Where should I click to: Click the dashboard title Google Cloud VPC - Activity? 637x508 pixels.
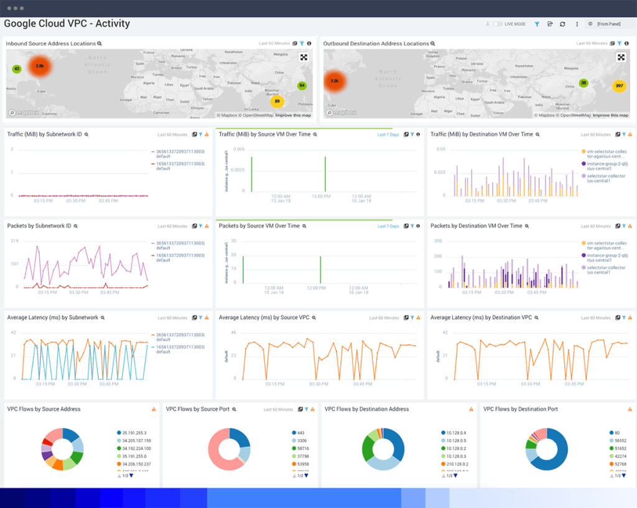[67, 24]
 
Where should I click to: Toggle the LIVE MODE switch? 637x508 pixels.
[498, 24]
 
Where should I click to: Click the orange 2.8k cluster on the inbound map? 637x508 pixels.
[40, 65]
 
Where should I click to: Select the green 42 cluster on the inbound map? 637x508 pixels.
[17, 69]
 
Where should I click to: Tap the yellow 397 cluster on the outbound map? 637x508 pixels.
[619, 86]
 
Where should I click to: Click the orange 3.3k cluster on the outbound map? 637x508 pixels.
[335, 81]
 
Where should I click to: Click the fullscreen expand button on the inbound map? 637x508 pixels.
[304, 57]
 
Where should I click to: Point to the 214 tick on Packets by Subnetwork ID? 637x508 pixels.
[14, 241]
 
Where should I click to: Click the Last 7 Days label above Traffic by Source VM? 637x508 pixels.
[388, 134]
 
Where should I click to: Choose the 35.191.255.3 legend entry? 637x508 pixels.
[134, 433]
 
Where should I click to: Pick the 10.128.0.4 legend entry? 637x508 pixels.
[456, 433]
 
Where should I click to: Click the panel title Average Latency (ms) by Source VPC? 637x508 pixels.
[264, 318]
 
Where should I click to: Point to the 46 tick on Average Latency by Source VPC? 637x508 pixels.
[234, 333]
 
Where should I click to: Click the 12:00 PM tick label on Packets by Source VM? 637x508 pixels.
[321, 288]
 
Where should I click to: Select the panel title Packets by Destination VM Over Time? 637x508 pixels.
[476, 226]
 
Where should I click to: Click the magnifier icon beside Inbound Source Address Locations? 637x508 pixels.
[100, 44]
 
